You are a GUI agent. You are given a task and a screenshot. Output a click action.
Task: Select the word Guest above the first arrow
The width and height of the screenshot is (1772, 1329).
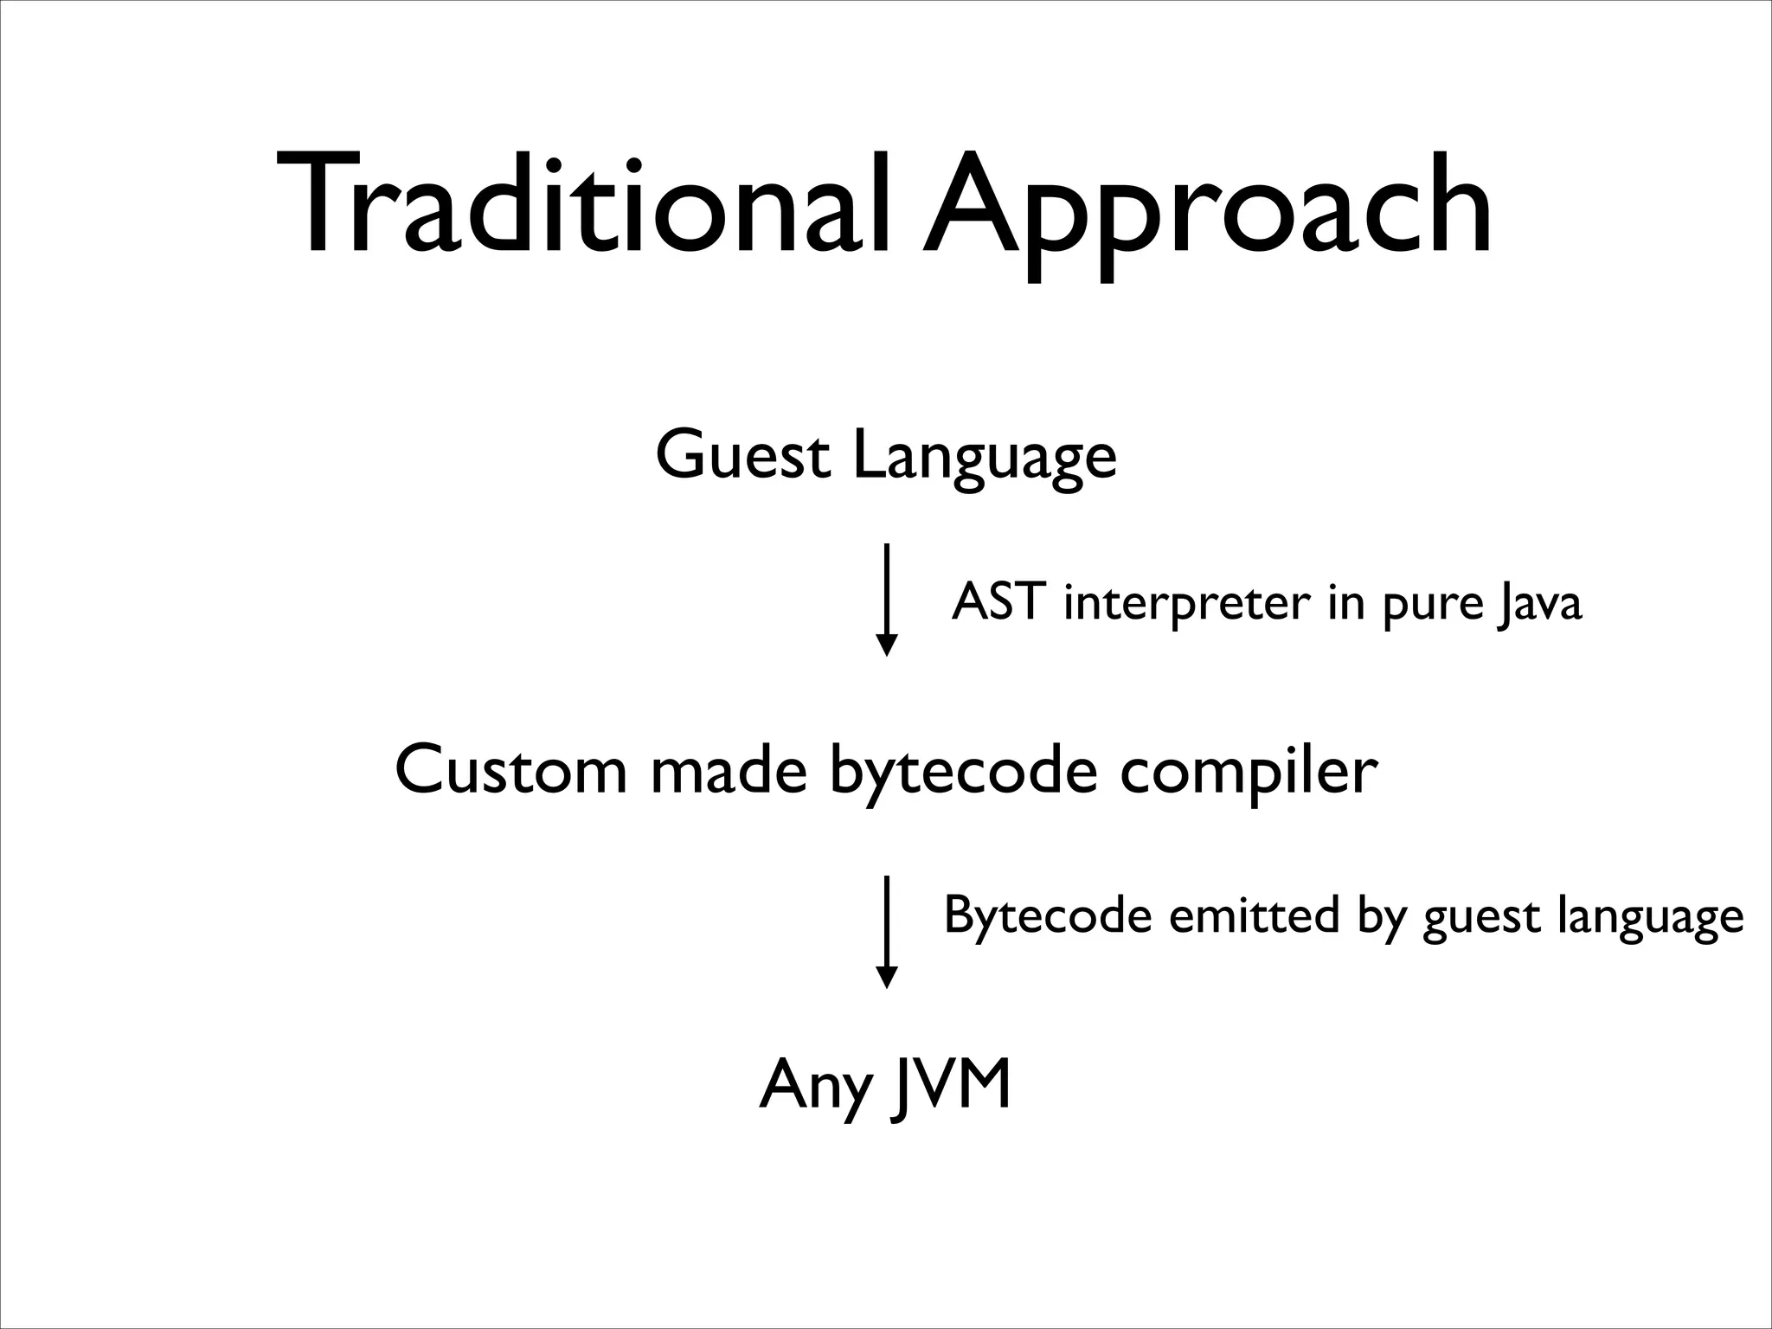(743, 455)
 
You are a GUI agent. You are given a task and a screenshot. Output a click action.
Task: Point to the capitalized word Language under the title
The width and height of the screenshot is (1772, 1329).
(985, 459)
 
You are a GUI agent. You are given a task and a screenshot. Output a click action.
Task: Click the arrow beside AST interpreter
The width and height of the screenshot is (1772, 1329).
(886, 600)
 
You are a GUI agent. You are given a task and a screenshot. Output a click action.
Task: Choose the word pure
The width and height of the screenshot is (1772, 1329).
(1430, 605)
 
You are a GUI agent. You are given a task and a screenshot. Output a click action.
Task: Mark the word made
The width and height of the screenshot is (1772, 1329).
(729, 769)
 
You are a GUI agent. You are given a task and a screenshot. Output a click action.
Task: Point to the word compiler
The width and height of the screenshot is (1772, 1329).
(1248, 772)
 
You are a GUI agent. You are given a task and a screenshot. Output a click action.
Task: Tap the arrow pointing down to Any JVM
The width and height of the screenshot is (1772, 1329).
(886, 931)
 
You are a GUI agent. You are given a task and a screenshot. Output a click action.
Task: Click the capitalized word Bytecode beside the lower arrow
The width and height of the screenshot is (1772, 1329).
(1047, 916)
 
